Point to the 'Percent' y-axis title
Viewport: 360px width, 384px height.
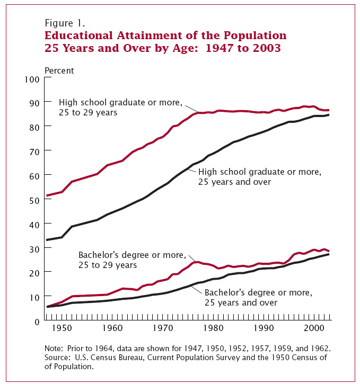coord(59,70)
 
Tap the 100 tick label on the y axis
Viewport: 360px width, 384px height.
coord(32,79)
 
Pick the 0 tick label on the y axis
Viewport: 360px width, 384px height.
coord(37,321)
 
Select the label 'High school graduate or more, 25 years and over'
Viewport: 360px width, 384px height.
coord(259,177)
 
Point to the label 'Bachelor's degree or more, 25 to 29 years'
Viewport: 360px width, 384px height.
coord(132,260)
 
